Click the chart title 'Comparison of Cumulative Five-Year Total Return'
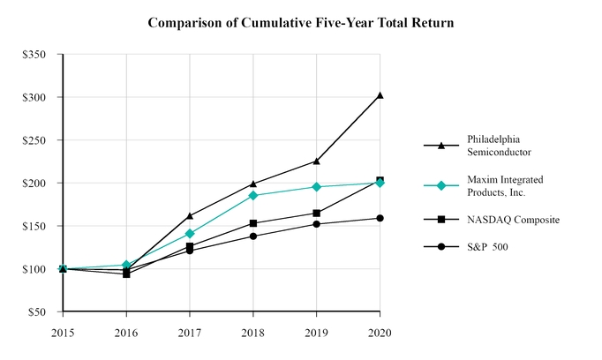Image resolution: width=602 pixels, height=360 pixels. coord(301,22)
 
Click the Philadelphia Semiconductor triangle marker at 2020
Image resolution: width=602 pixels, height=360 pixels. coord(380,95)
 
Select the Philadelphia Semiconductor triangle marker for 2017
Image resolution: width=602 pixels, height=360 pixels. coord(190,215)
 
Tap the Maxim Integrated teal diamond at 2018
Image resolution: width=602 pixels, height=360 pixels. coord(253,196)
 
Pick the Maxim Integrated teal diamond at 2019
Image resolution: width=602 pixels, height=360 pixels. coord(317,187)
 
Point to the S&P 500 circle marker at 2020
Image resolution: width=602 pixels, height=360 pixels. coord(380,218)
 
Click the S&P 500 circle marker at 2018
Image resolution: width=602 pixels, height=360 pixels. coord(253,236)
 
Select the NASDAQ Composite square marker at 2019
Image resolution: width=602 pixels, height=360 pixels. coord(317,213)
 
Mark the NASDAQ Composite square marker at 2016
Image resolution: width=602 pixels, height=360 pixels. coord(126,274)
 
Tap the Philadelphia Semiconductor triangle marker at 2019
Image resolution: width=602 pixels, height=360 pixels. coord(317,161)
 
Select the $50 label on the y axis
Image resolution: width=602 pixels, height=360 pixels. coord(35,312)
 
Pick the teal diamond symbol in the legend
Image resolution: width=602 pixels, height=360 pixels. coord(440,185)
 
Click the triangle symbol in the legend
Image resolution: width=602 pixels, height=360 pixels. coord(440,145)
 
